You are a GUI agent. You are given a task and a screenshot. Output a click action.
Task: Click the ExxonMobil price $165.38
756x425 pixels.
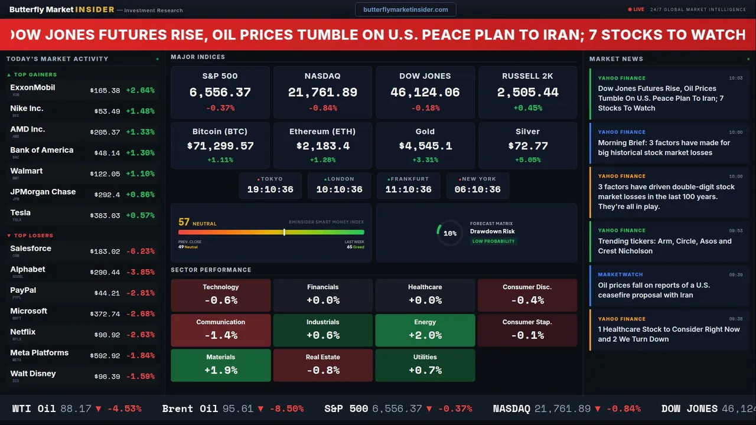click(x=105, y=91)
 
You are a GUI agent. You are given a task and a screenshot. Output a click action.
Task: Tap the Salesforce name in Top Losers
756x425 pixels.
click(x=31, y=249)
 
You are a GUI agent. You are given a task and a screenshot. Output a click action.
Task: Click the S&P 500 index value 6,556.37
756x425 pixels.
click(x=220, y=93)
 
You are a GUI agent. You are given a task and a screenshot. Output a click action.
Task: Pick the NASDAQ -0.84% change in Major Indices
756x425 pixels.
click(x=322, y=108)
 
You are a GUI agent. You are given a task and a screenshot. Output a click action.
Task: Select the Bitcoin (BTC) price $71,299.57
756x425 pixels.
click(x=220, y=146)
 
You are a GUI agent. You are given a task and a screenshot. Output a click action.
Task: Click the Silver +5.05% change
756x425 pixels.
click(x=527, y=160)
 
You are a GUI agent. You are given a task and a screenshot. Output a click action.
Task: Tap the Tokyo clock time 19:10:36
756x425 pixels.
click(x=270, y=189)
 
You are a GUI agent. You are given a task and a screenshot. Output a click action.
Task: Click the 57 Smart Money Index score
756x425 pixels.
click(x=184, y=223)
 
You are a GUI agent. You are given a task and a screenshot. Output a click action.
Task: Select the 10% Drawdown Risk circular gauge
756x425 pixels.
click(x=449, y=233)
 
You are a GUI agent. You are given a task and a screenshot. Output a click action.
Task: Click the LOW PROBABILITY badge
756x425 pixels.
click(x=493, y=241)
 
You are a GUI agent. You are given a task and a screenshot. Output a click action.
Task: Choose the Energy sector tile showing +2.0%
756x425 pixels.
click(x=425, y=330)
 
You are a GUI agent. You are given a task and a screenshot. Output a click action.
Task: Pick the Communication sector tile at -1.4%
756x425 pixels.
click(x=220, y=330)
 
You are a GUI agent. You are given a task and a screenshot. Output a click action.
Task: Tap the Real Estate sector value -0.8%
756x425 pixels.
click(x=322, y=371)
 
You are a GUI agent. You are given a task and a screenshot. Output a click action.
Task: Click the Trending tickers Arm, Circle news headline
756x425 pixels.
click(x=664, y=246)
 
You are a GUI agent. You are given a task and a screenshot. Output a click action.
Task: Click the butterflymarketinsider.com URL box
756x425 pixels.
click(x=405, y=9)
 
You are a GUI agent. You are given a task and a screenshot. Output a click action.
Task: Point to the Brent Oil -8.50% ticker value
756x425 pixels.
click(x=286, y=408)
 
